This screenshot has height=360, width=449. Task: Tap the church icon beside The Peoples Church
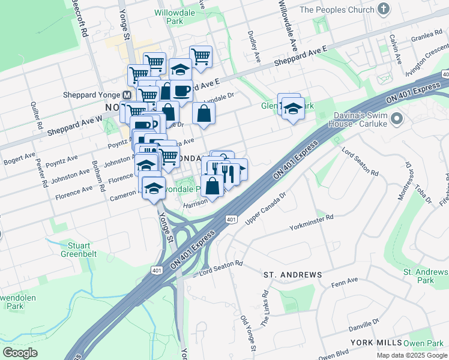point(385,10)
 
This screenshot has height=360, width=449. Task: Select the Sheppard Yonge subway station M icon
point(127,95)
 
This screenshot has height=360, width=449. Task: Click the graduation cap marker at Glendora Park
point(293,109)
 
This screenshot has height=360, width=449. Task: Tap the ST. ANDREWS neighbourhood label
point(292,274)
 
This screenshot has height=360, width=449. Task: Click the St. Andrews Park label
point(426,276)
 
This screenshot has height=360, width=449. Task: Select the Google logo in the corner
point(21,352)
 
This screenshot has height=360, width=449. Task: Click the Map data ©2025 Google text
point(411,355)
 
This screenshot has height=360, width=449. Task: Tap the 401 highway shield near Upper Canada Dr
point(231,220)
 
